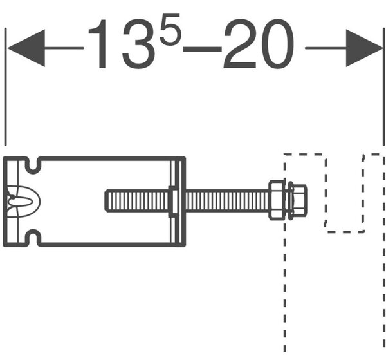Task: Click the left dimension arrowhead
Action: tap(26, 48)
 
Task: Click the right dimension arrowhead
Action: tap(364, 48)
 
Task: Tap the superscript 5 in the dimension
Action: tap(170, 30)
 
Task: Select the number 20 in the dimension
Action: tap(259, 44)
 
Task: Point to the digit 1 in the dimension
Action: tap(98, 44)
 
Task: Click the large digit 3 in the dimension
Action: tap(139, 44)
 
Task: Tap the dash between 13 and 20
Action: tap(203, 49)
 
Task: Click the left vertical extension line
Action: tap(5, 87)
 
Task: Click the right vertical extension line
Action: tap(384, 87)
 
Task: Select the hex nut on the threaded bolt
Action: tap(277, 200)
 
